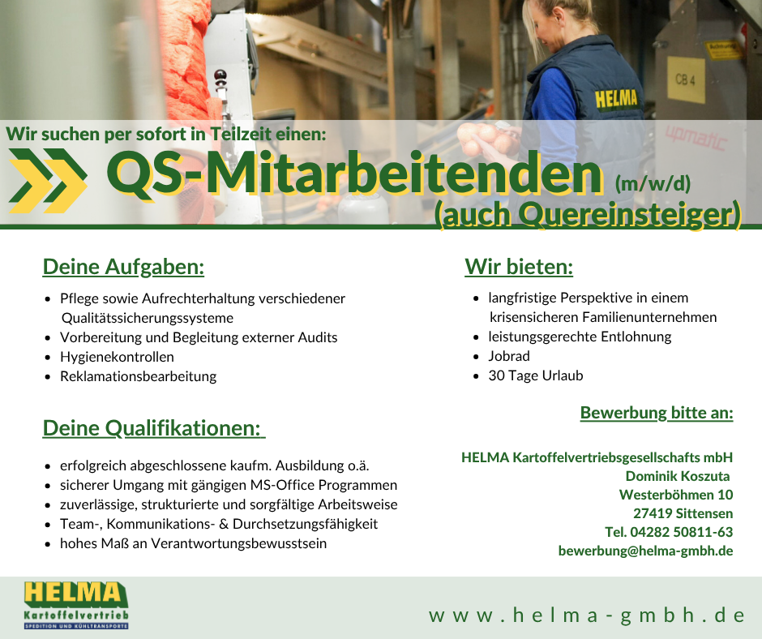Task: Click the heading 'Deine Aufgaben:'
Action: tap(123, 267)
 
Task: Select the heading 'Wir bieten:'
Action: tap(519, 267)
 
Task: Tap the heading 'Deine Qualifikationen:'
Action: tap(153, 428)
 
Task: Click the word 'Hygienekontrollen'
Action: tap(117, 357)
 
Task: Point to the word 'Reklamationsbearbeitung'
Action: tap(139, 376)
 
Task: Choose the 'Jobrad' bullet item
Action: tap(509, 356)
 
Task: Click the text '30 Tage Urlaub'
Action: tap(536, 375)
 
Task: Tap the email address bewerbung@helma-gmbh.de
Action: tap(645, 551)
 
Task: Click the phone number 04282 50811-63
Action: tap(681, 532)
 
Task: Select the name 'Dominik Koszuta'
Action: tap(678, 476)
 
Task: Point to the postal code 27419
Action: tap(653, 513)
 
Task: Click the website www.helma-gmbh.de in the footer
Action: tap(587, 615)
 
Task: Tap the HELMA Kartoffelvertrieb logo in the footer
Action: tap(76, 605)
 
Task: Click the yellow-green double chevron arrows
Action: tap(48, 181)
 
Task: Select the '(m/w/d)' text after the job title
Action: tap(653, 183)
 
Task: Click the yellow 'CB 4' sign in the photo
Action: tap(686, 79)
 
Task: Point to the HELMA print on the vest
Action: tap(616, 99)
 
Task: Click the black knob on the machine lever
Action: tap(220, 76)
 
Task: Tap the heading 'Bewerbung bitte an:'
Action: tap(657, 413)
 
